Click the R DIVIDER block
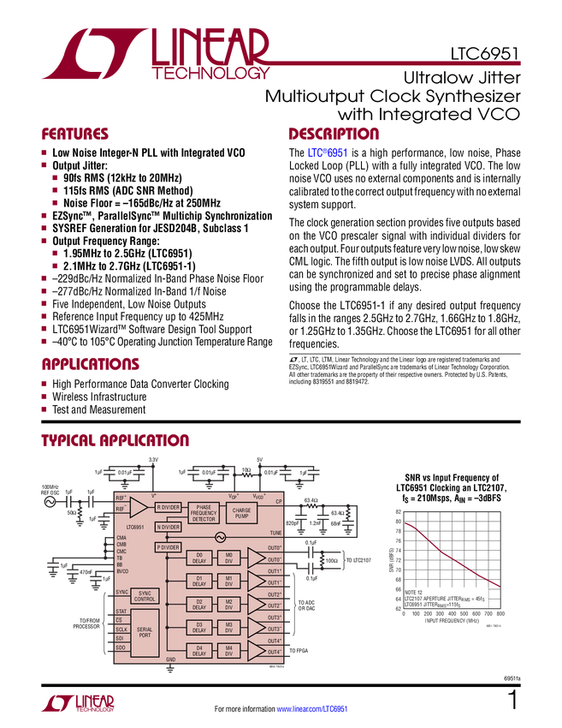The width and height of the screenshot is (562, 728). coord(168,507)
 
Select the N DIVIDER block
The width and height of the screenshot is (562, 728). coord(168,528)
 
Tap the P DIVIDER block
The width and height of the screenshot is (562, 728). coord(168,547)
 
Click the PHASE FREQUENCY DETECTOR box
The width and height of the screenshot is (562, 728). coord(204,513)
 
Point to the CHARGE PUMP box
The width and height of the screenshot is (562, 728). coord(242,513)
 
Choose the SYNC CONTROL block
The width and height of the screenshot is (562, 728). coord(145,595)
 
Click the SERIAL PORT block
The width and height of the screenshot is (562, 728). coord(145,633)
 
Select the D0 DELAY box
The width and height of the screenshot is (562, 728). coord(199,558)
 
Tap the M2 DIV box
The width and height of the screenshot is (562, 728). coord(228,605)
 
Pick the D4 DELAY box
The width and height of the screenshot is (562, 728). coord(199,651)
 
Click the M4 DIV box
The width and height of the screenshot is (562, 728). coord(228,651)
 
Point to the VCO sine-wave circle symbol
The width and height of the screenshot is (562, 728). coord(220,537)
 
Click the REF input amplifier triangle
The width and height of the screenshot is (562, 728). coord(137,506)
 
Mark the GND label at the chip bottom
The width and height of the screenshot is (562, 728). coord(170,660)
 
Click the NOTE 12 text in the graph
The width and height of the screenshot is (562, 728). coord(415,592)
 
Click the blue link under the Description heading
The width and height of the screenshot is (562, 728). coord(327,153)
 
